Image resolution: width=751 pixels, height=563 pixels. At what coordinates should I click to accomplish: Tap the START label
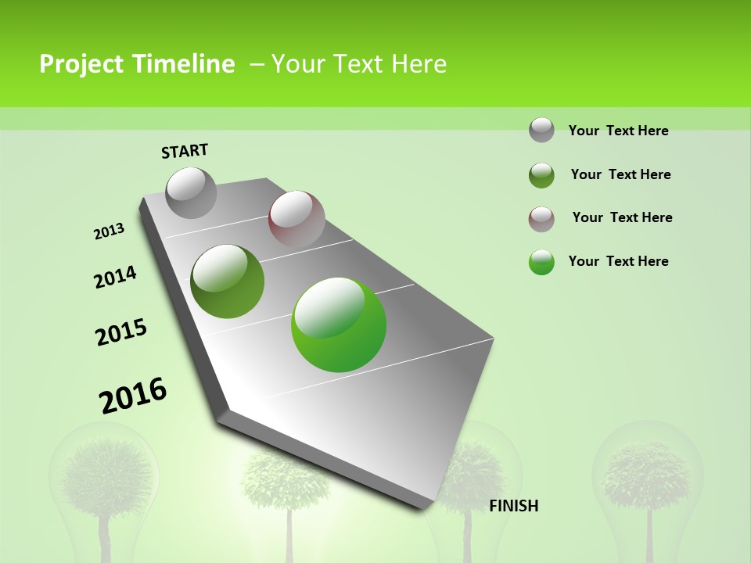click(185, 151)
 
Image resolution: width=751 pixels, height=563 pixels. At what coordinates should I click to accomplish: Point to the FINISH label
click(513, 506)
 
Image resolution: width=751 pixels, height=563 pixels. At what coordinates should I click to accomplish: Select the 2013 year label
click(110, 231)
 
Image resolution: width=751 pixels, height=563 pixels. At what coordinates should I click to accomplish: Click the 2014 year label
click(116, 277)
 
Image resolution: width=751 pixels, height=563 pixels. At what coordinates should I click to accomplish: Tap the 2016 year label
click(133, 395)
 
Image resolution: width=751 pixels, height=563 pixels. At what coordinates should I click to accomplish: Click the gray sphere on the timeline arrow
click(192, 192)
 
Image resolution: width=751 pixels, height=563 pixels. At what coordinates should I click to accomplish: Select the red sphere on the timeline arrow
click(296, 219)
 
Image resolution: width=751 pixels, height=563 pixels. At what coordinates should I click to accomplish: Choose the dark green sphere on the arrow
click(228, 281)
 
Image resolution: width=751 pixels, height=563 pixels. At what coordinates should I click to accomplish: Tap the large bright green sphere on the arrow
click(339, 325)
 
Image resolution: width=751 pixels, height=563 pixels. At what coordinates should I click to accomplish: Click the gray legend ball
click(541, 130)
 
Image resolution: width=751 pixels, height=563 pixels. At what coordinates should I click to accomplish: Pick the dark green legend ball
click(541, 175)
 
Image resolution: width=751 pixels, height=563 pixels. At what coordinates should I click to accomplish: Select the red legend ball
click(541, 219)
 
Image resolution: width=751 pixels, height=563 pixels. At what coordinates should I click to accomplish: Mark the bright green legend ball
click(541, 262)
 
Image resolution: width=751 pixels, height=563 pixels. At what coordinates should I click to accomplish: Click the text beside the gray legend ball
click(618, 131)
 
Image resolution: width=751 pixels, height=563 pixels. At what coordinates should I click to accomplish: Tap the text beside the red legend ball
click(622, 217)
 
